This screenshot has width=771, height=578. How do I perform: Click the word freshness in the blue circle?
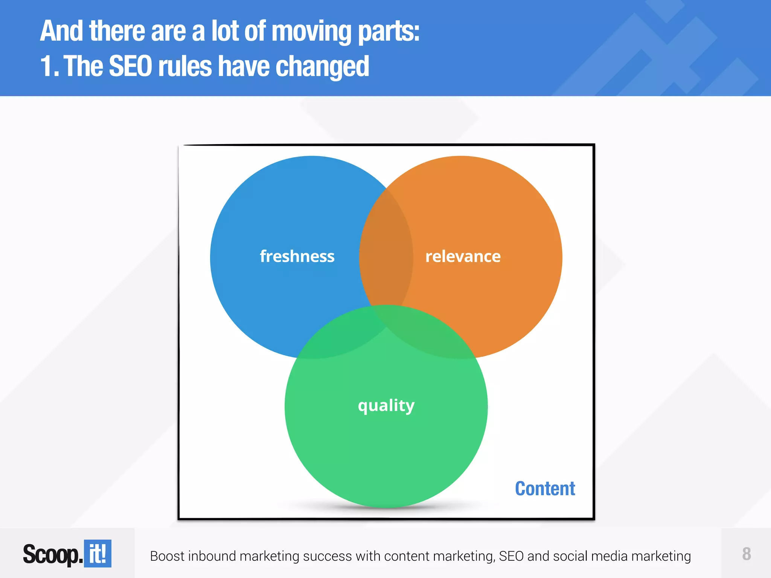click(x=297, y=256)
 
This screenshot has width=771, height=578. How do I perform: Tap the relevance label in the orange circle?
click(x=463, y=256)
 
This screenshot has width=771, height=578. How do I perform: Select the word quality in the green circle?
click(x=386, y=406)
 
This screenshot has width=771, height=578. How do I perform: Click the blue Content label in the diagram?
click(x=545, y=488)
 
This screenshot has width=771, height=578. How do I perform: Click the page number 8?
click(x=746, y=554)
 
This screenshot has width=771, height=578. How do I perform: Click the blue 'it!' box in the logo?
click(x=98, y=554)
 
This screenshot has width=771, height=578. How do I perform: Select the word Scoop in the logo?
click(x=51, y=554)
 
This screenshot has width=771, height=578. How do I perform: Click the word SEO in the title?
click(x=130, y=66)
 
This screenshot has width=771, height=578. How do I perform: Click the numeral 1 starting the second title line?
click(x=46, y=66)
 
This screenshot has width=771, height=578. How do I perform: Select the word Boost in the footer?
click(x=167, y=556)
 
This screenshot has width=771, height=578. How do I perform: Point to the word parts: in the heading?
click(x=389, y=32)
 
